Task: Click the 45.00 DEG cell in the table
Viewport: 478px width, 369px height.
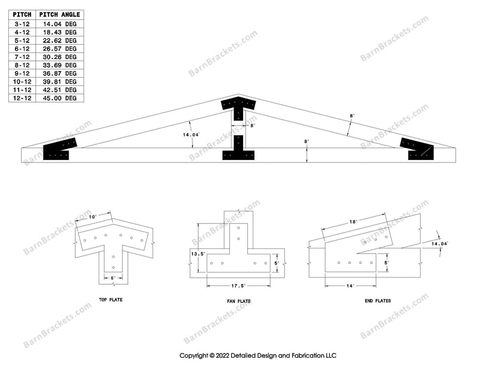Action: pyautogui.click(x=60, y=98)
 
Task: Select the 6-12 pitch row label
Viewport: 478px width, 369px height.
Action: pyautogui.click(x=22, y=49)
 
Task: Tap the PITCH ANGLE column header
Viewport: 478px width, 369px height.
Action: pyautogui.click(x=60, y=14)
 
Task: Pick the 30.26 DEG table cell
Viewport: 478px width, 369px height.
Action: pyautogui.click(x=60, y=57)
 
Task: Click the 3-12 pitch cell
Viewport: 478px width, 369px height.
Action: pyautogui.click(x=22, y=24)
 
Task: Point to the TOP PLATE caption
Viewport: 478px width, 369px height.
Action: pyautogui.click(x=111, y=300)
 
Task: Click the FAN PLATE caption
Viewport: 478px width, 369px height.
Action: pyautogui.click(x=238, y=302)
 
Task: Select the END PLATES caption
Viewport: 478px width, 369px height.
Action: pyautogui.click(x=378, y=301)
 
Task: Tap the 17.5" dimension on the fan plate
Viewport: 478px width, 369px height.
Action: pyautogui.click(x=238, y=286)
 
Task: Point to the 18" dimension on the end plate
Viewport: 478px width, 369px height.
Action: pyautogui.click(x=353, y=222)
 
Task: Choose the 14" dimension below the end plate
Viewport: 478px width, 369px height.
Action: pyautogui.click(x=350, y=286)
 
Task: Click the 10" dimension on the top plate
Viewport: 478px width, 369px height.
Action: pyautogui.click(x=93, y=217)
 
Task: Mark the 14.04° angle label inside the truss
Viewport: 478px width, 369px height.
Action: pyautogui.click(x=191, y=135)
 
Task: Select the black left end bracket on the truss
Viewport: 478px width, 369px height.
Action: pyautogui.click(x=59, y=149)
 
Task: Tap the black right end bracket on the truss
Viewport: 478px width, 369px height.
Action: pyautogui.click(x=416, y=149)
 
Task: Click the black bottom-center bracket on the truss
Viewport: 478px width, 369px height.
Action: pyautogui.click(x=238, y=147)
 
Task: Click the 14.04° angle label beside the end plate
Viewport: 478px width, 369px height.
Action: pyautogui.click(x=440, y=244)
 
